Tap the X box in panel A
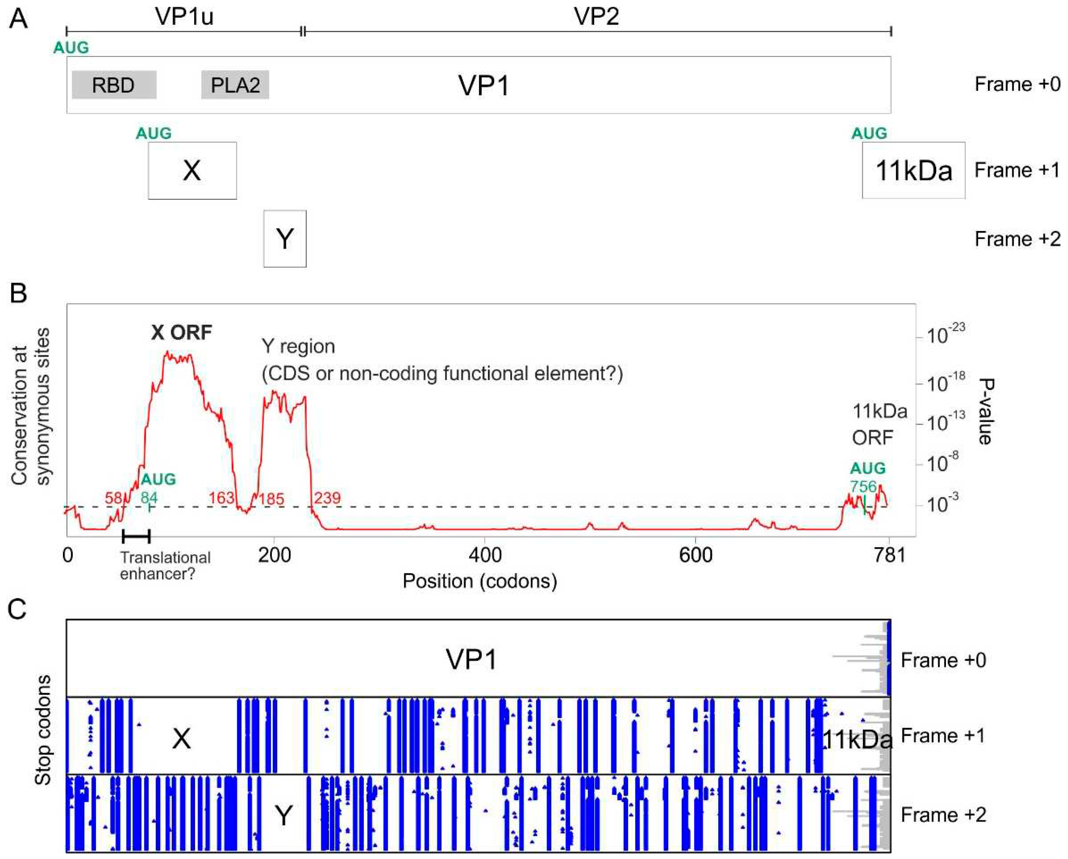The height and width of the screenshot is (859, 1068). click(x=192, y=171)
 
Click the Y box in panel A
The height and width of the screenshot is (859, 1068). click(x=285, y=239)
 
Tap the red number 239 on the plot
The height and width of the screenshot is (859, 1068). click(x=327, y=498)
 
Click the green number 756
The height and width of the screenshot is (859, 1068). click(x=863, y=486)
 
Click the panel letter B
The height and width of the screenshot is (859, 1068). click(x=18, y=293)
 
